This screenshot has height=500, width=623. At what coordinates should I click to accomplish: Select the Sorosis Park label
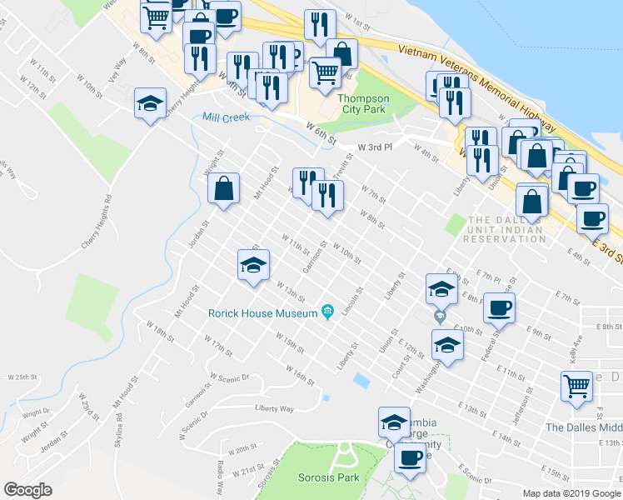328,477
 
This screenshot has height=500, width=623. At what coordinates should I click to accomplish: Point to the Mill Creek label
226,117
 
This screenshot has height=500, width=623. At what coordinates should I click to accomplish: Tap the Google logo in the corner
27,490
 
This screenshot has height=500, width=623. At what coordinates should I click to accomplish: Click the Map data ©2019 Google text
571,493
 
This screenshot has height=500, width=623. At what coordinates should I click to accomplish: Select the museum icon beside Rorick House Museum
328,312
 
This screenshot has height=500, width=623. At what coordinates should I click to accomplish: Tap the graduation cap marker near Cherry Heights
150,103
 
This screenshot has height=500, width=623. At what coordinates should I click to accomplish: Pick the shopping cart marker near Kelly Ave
576,387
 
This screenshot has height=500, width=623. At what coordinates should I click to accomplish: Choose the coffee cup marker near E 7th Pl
499,307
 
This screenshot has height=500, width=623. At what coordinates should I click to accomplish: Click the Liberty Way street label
276,409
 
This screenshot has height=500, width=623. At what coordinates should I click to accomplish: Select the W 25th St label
20,377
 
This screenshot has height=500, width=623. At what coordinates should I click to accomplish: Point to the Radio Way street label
220,475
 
